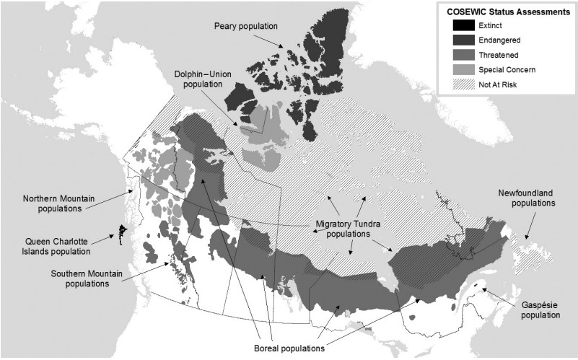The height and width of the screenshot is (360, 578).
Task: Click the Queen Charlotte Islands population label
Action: click(58, 246)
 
